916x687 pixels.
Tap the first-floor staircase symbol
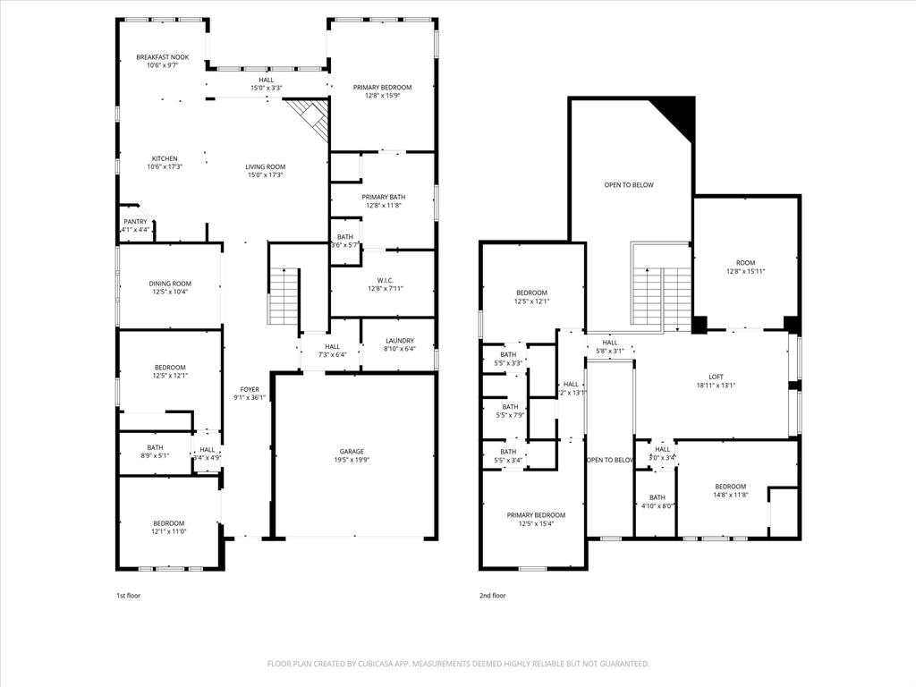(284, 297)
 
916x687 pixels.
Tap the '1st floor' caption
(128, 595)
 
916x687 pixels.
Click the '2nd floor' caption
(492, 595)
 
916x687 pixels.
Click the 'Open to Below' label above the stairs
(629, 185)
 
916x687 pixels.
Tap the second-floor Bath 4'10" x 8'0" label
(657, 502)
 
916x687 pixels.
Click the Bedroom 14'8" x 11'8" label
(730, 490)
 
